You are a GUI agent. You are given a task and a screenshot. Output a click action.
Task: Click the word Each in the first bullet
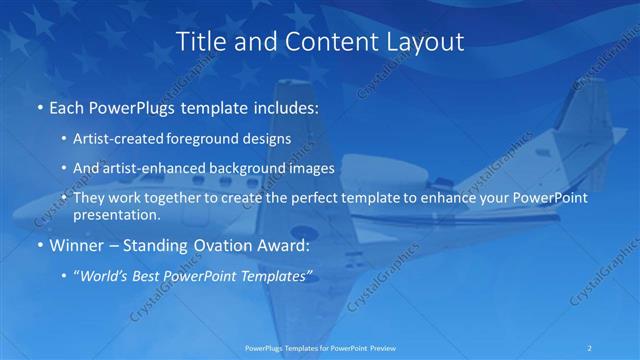(66, 108)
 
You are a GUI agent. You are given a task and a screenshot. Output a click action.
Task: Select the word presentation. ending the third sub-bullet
(117, 214)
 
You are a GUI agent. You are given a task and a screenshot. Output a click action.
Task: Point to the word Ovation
(211, 245)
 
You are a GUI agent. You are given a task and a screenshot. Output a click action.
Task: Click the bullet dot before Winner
(38, 246)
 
